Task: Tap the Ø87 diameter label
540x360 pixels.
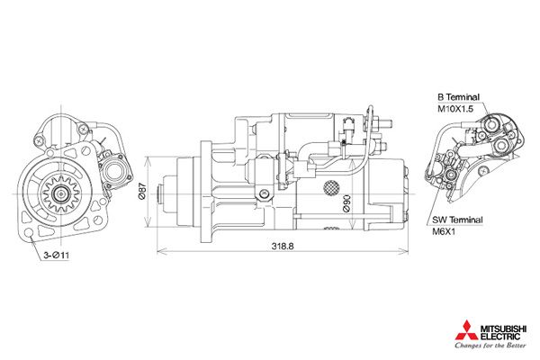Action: [x=142, y=193]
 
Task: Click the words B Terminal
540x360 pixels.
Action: [x=459, y=96]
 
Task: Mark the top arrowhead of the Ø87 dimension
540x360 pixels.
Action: [x=148, y=158]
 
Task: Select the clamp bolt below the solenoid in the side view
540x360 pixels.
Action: [x=263, y=196]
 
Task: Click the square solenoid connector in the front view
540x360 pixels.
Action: [x=115, y=168]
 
